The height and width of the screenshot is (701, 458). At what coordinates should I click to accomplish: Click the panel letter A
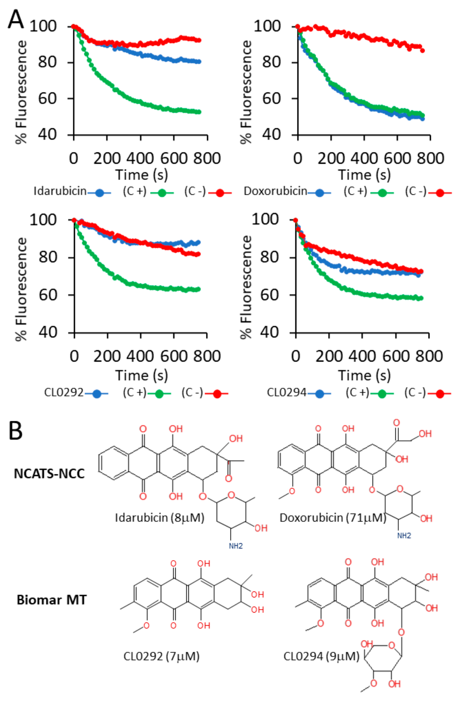[15, 20]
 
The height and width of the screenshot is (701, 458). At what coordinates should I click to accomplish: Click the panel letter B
[15, 431]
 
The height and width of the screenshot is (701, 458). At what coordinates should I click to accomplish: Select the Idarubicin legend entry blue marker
[99, 193]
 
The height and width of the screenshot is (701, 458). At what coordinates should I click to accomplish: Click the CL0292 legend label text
[64, 393]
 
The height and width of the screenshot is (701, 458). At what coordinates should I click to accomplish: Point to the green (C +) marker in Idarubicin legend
[162, 193]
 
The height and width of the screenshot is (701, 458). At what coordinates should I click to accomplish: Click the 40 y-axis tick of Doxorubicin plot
[271, 134]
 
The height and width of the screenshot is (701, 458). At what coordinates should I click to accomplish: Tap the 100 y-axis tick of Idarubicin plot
[43, 26]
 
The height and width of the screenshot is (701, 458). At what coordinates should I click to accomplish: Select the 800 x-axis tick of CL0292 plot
[207, 356]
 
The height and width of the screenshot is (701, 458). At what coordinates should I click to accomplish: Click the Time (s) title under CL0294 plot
[364, 375]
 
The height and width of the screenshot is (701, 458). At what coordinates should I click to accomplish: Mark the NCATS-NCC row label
[49, 474]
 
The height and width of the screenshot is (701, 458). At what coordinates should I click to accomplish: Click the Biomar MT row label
[52, 600]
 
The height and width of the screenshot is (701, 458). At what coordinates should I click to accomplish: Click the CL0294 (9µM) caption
[321, 656]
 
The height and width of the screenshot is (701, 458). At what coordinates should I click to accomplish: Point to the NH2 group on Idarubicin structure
[236, 546]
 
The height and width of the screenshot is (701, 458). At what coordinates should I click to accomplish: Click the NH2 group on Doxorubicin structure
[404, 535]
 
